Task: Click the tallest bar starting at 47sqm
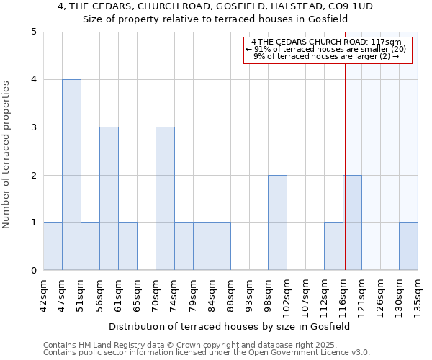pyautogui.click(x=71, y=175)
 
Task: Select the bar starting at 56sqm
pyautogui.click(x=109, y=199)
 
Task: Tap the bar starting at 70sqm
pyautogui.click(x=165, y=199)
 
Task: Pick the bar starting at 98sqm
pyautogui.click(x=277, y=222)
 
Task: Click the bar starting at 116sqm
pyautogui.click(x=352, y=222)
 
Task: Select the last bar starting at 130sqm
pyautogui.click(x=408, y=246)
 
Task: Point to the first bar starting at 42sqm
pyautogui.click(x=53, y=246)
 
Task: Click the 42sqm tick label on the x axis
pyautogui.click(x=43, y=294)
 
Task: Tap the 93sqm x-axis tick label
pyautogui.click(x=249, y=294)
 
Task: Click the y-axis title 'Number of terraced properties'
pyautogui.click(x=7, y=155)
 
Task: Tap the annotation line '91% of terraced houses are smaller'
pyautogui.click(x=327, y=49)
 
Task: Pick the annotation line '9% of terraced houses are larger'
pyautogui.click(x=327, y=56)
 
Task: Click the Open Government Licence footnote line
pyautogui.click(x=207, y=353)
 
